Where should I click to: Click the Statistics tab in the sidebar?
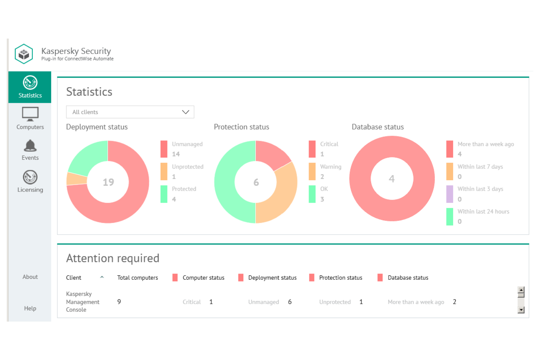(30, 87)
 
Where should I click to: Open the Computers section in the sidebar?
(30, 118)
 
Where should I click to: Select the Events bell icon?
(30, 146)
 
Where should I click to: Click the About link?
(30, 277)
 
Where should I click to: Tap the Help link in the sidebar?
(30, 308)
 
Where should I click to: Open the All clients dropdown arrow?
(185, 112)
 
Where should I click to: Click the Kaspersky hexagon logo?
(24, 54)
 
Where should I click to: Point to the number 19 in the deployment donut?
(108, 182)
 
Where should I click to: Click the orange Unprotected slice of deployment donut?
(77, 179)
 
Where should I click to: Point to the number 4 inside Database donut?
(391, 179)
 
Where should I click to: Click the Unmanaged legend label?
(187, 144)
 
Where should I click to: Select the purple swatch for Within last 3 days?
(450, 194)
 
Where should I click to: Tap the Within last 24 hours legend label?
(483, 212)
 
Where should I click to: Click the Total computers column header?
(138, 278)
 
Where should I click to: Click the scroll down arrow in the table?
(521, 310)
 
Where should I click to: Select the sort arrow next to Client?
(102, 277)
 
